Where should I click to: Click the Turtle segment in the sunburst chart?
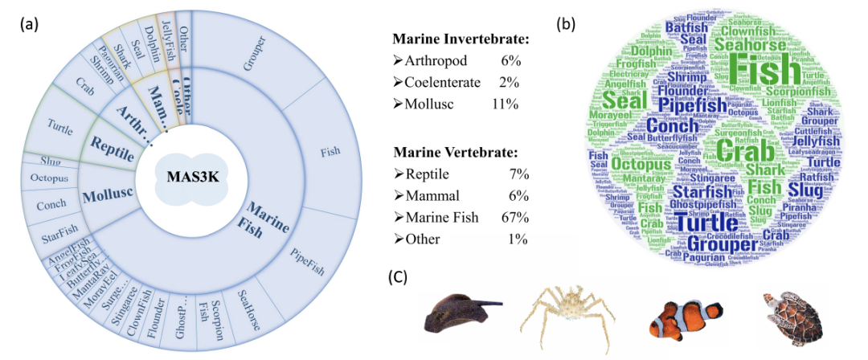tap(59, 125)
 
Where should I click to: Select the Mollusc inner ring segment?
tap(105, 194)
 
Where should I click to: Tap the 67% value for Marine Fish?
tap(513, 217)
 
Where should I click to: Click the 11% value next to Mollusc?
tap(505, 104)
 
